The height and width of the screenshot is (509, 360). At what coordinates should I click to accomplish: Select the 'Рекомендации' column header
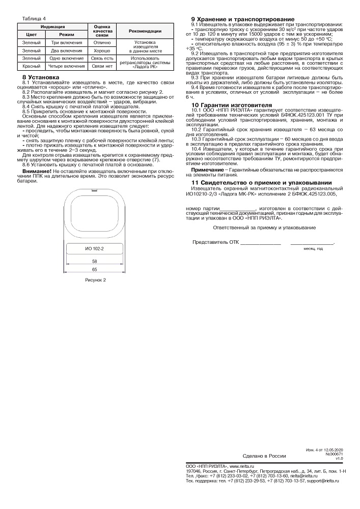click(145, 31)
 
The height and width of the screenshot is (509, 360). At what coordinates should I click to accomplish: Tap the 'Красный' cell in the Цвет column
click(31, 66)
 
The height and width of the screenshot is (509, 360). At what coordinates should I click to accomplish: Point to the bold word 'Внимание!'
click(37, 171)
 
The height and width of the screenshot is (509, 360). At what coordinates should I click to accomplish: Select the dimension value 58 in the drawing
click(94, 261)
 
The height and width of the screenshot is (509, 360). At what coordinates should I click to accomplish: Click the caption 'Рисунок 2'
click(95, 280)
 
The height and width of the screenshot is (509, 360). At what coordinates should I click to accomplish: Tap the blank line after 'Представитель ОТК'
click(260, 242)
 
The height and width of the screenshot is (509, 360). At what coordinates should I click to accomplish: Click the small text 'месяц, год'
click(313, 248)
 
